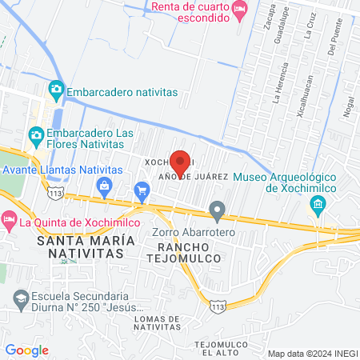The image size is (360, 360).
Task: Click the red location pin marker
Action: pyautogui.click(x=180, y=162)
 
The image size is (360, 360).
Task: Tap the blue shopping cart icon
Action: pyautogui.click(x=142, y=190)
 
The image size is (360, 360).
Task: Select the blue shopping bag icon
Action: pyautogui.click(x=104, y=186)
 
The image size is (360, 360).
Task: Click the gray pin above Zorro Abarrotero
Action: pyautogui.click(x=217, y=211)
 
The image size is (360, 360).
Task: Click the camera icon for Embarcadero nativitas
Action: pyautogui.click(x=55, y=88)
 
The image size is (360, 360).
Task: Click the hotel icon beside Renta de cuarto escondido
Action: pyautogui.click(x=239, y=10)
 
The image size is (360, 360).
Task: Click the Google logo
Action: pyautogui.click(x=26, y=350)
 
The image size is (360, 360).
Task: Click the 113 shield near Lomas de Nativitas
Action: pyautogui.click(x=218, y=306)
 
